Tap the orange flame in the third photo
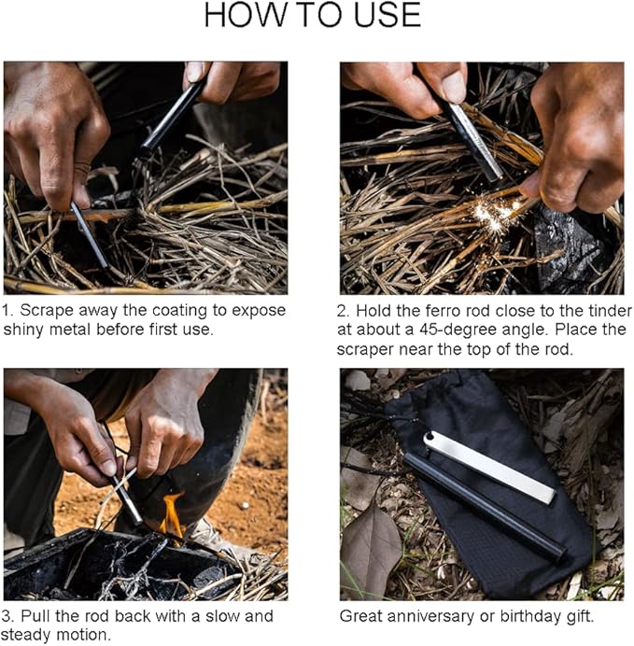click(172, 515)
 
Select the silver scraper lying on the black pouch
click(489, 467)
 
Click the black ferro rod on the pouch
click(486, 508)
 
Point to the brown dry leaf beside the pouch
click(370, 548)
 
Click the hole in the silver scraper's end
click(430, 438)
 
